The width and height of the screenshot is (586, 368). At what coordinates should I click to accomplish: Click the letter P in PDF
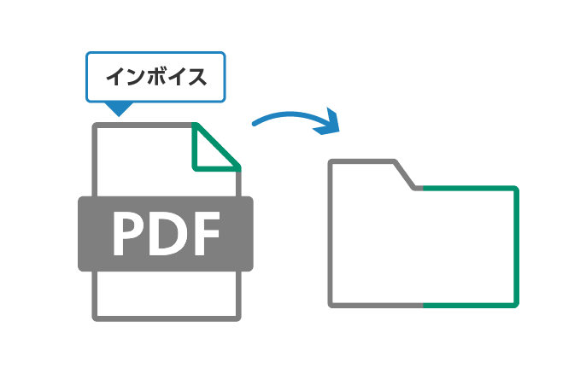130,233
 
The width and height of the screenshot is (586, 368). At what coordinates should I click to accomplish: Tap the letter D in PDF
167,233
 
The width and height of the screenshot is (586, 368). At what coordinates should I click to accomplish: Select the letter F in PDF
205,233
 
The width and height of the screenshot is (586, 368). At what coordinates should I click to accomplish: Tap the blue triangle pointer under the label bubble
118,108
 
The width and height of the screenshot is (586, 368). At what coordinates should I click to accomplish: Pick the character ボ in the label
155,78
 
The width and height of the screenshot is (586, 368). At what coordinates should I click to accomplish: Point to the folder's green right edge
516,248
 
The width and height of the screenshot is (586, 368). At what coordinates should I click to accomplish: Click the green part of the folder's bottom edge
470,304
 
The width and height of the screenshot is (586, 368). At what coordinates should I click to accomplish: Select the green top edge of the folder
470,188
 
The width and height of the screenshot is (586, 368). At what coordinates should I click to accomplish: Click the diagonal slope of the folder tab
406,175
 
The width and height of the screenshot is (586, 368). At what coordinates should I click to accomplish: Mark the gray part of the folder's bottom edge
376,304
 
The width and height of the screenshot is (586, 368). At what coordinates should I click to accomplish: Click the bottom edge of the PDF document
167,318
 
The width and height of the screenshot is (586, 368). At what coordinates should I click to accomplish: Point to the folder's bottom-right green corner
515,303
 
